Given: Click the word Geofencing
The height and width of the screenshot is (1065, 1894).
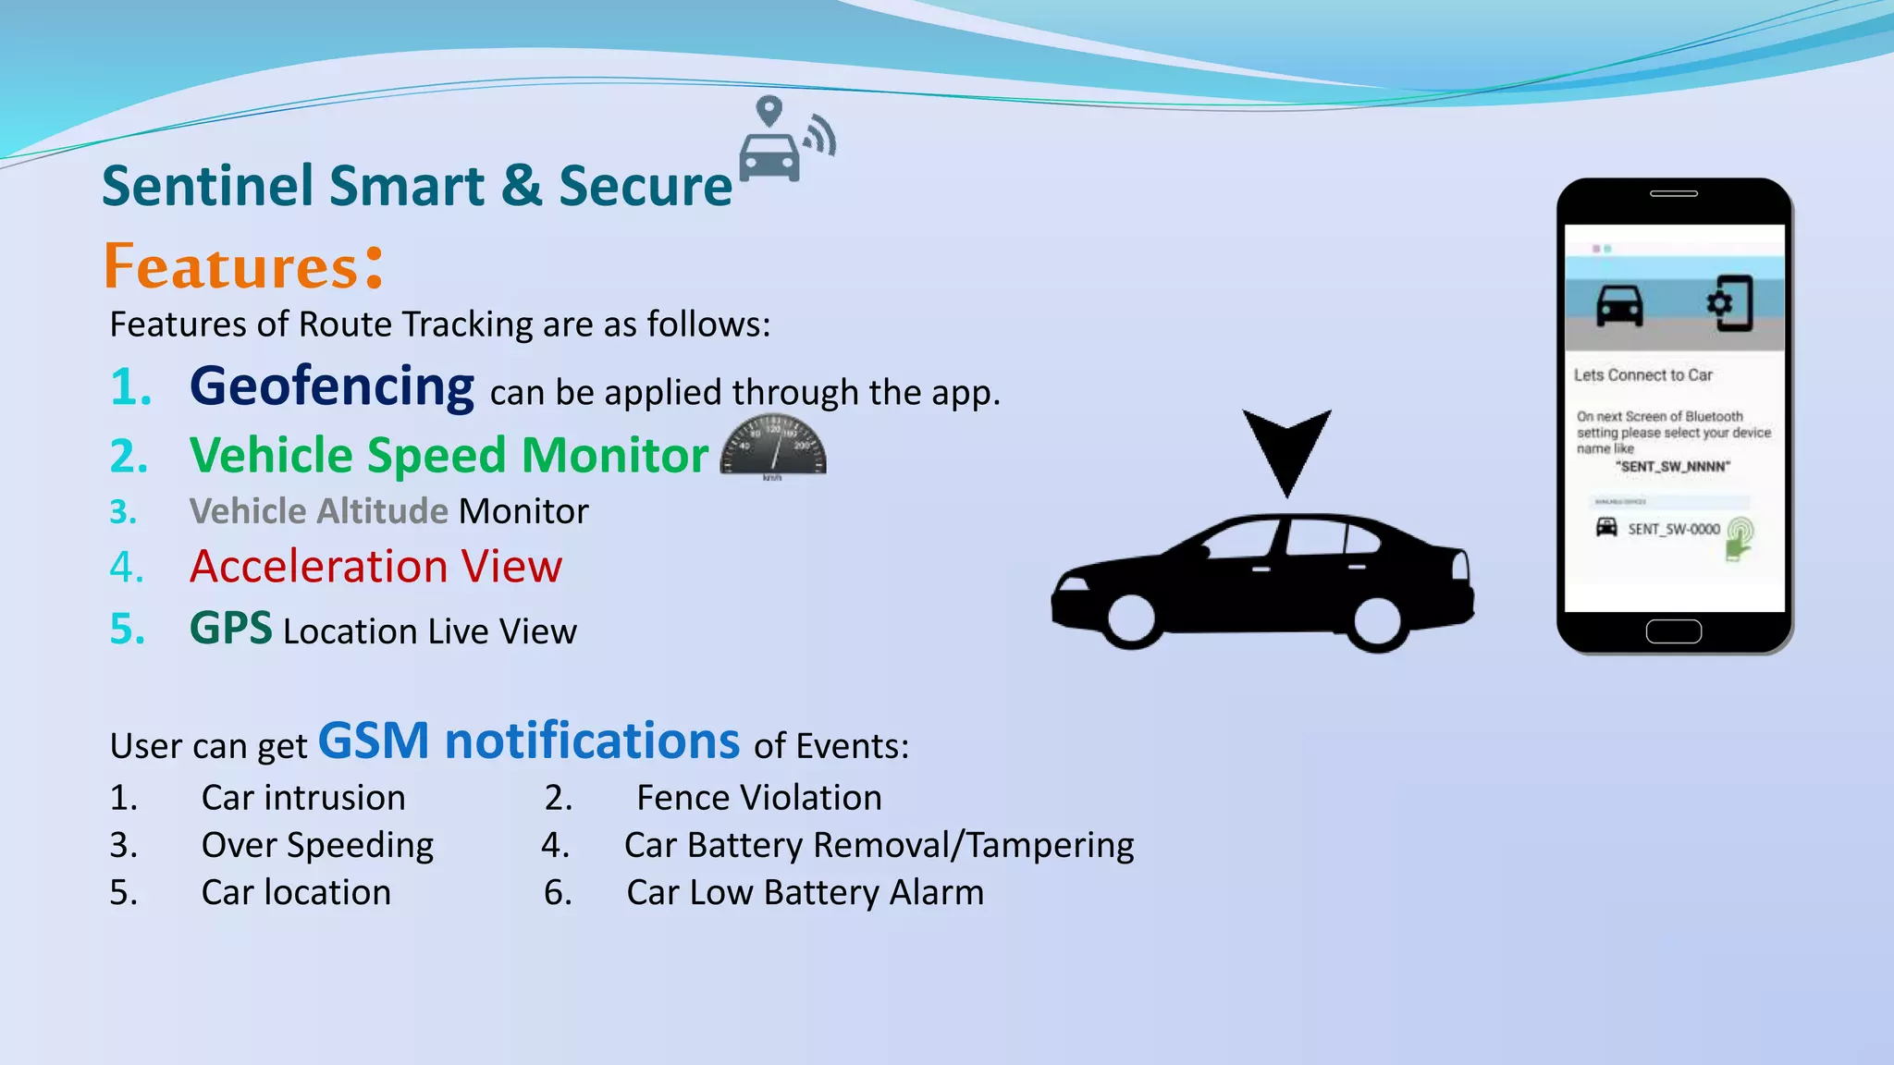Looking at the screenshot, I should point(331,386).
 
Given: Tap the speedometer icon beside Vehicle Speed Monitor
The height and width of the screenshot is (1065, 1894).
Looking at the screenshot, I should point(773,447).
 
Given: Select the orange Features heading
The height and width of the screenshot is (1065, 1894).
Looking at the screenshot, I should point(231,267).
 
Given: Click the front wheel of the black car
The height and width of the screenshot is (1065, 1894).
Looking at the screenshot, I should point(1132,617).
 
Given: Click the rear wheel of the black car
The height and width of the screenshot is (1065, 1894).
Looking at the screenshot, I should point(1376,621).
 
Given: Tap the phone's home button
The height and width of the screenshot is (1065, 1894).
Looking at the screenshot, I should point(1673,631).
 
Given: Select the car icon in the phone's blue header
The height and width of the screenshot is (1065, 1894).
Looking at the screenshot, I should point(1619,305).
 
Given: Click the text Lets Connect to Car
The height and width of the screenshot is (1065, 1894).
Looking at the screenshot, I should point(1643,375).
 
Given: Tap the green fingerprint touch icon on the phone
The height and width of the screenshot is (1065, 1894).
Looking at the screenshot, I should point(1739,537).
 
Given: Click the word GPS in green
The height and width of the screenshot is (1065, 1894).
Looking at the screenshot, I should point(230,629).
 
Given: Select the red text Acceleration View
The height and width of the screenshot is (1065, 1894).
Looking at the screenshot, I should point(375,566).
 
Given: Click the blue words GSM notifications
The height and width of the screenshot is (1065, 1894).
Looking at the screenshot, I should point(528,741).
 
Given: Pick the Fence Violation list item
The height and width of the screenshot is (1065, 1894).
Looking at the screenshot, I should point(758,798).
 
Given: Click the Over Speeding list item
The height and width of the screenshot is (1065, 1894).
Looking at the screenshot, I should point(317,845).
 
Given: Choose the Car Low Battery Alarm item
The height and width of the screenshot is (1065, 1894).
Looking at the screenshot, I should point(805,893).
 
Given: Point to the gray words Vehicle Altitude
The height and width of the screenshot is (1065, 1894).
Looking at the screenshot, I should point(318,511).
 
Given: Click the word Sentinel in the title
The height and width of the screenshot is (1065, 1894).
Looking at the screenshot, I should point(208,186).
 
